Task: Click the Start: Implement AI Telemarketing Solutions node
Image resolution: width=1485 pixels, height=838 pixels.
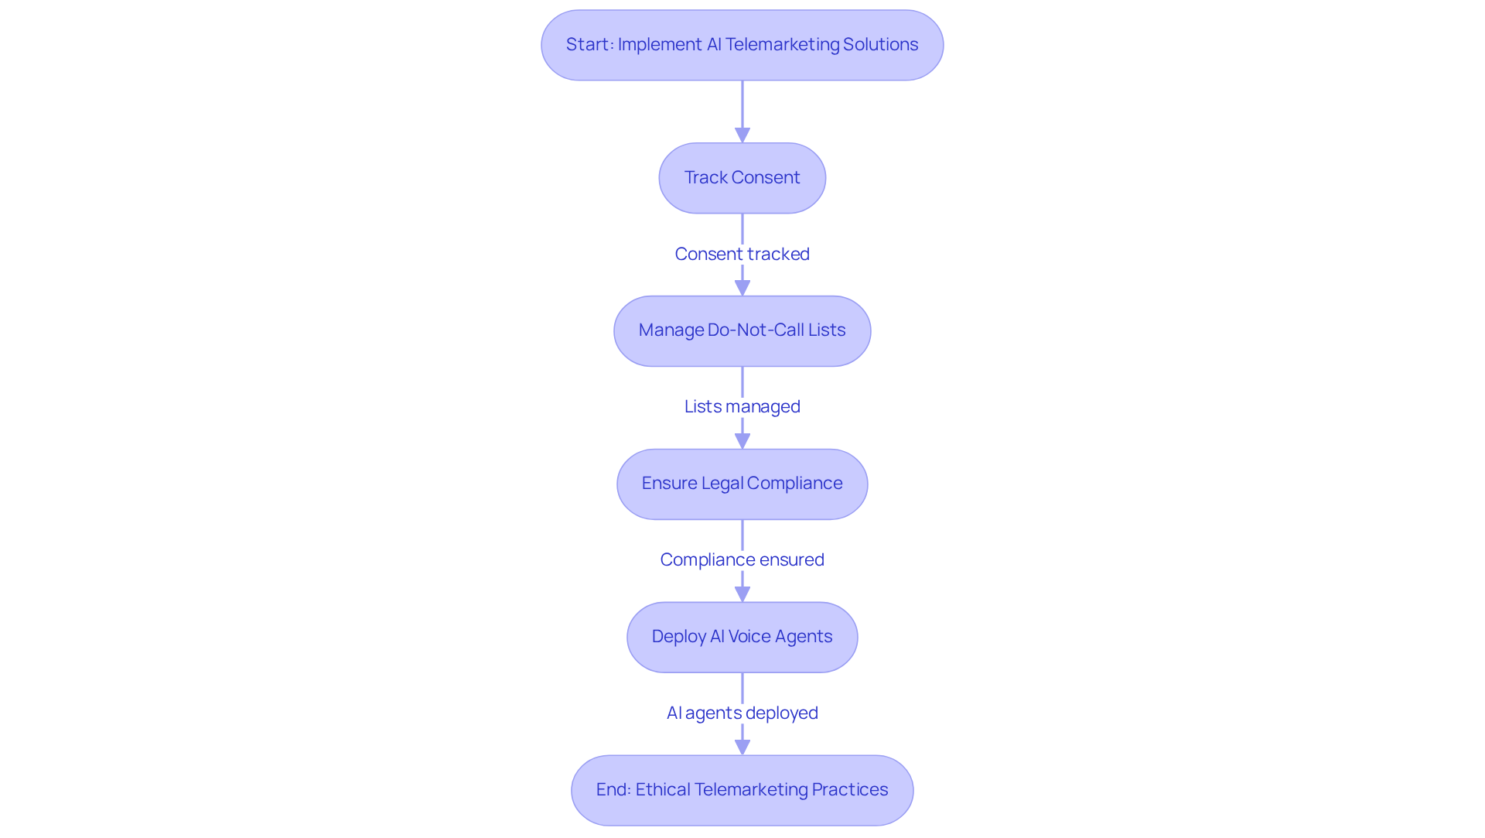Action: coord(742,45)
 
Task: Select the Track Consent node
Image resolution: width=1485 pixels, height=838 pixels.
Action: coord(742,178)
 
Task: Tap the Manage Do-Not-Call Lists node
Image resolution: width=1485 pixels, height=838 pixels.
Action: coord(742,330)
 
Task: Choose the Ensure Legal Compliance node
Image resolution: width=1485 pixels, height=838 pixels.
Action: coord(742,484)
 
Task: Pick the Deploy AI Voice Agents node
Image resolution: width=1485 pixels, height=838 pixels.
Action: coord(742,637)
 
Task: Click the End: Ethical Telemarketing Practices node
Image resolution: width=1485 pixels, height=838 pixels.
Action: coord(742,790)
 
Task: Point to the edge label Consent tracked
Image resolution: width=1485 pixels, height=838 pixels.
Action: coord(742,254)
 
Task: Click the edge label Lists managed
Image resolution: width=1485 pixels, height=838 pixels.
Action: coord(742,406)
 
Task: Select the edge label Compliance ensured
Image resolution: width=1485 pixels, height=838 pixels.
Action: coord(742,559)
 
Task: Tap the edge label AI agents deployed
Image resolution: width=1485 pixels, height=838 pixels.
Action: coord(742,713)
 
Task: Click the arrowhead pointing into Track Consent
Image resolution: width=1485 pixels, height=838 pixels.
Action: coord(742,135)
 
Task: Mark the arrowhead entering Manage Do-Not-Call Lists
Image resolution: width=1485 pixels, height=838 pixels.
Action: coord(742,288)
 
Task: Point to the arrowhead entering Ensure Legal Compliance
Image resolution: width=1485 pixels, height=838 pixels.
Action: coord(742,441)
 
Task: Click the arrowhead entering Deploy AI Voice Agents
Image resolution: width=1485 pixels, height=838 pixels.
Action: coord(742,594)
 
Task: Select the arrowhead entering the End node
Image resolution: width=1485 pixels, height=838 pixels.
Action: coord(742,747)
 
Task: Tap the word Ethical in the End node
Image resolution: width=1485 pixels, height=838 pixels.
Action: coord(663,790)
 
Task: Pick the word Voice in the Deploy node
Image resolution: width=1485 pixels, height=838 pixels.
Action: coord(749,637)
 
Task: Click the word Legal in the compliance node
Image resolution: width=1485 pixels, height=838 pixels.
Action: coord(722,484)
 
